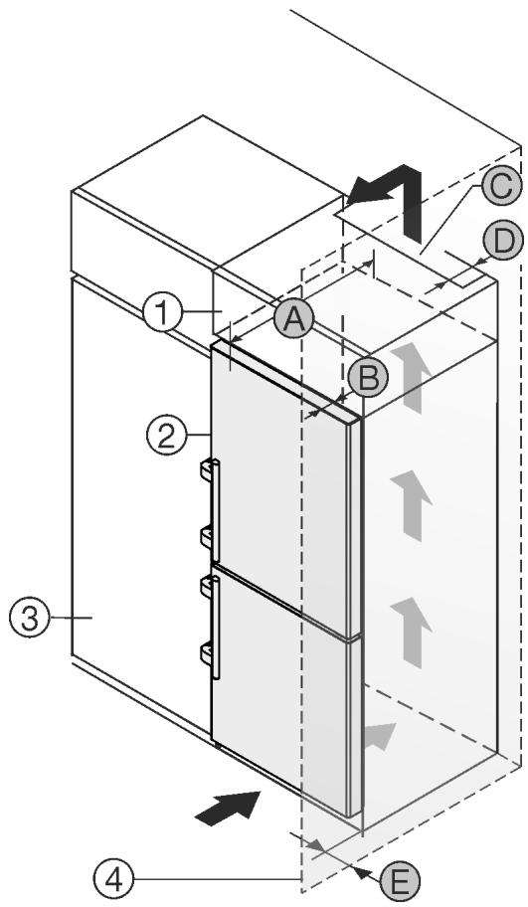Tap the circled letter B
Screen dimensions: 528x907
click(x=368, y=378)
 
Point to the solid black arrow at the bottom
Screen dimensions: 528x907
click(x=228, y=806)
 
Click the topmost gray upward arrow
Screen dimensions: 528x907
click(x=413, y=376)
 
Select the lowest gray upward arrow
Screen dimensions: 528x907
click(x=412, y=632)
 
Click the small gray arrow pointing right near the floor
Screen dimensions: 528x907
click(x=379, y=737)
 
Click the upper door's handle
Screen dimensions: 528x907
click(x=214, y=505)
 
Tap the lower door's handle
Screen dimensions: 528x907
click(x=214, y=627)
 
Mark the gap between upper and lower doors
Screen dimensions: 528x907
click(x=285, y=601)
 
